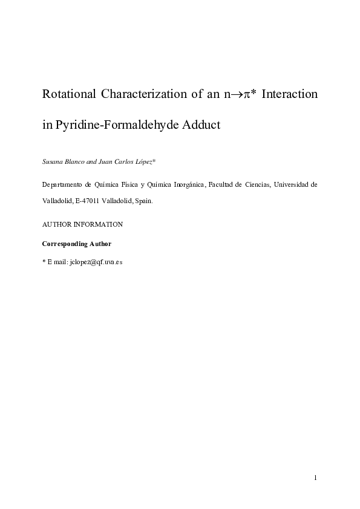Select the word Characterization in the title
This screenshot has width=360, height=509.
(143, 95)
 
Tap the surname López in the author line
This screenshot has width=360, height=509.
(143, 163)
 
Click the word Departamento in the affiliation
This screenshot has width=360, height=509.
(63, 184)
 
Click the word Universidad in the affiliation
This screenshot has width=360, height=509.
(296, 184)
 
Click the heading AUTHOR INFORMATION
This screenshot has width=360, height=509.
(82, 224)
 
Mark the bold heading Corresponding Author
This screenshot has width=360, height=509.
(76, 244)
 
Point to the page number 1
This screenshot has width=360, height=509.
(316, 479)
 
